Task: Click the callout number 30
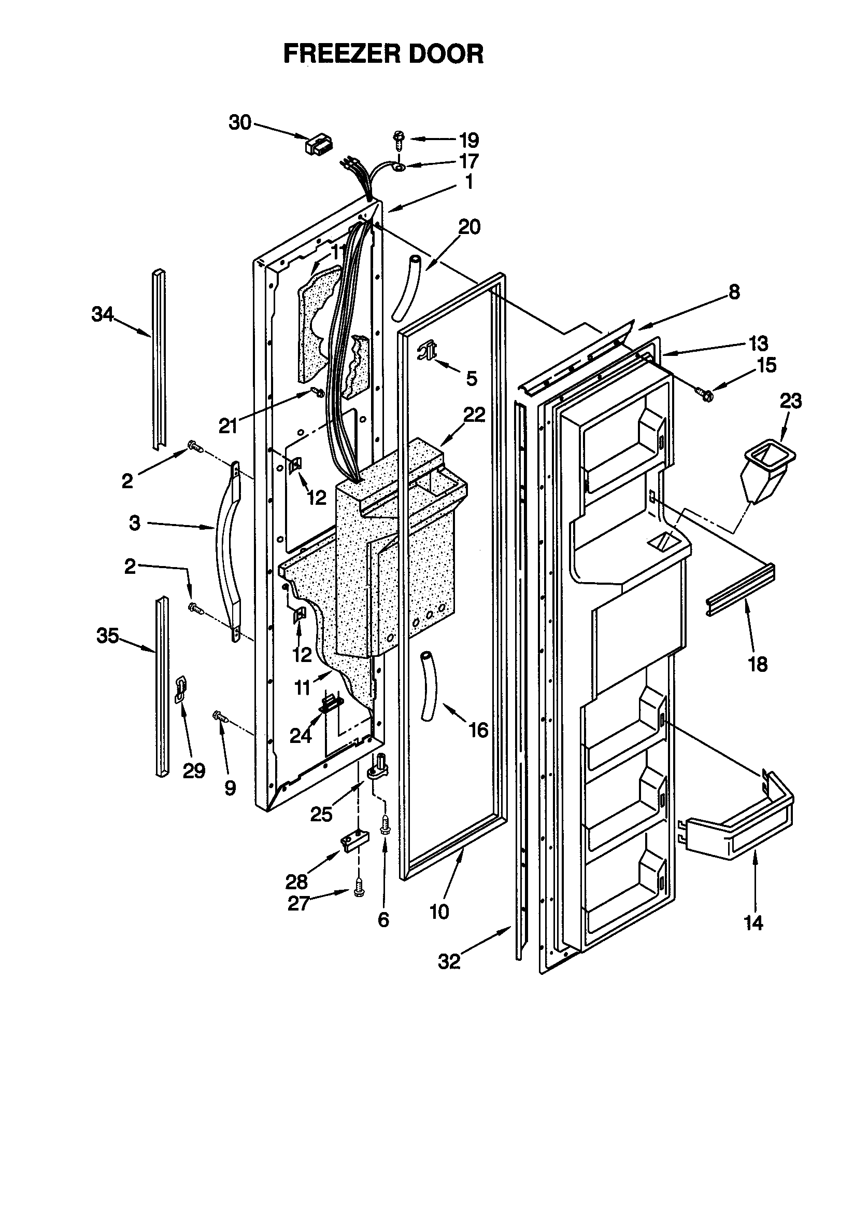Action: (239, 122)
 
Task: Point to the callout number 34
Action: (103, 315)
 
